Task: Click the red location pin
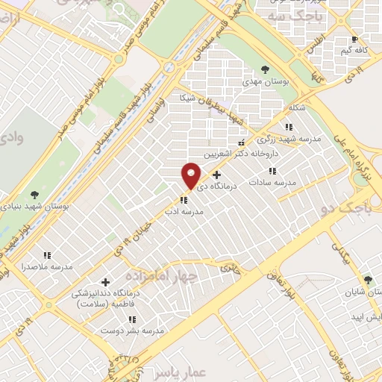(191, 175)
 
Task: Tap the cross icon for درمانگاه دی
(217, 175)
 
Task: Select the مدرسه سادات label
(272, 181)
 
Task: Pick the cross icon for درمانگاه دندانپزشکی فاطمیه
(105, 282)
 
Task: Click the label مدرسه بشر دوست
(154, 329)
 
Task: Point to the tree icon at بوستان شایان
(368, 280)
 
